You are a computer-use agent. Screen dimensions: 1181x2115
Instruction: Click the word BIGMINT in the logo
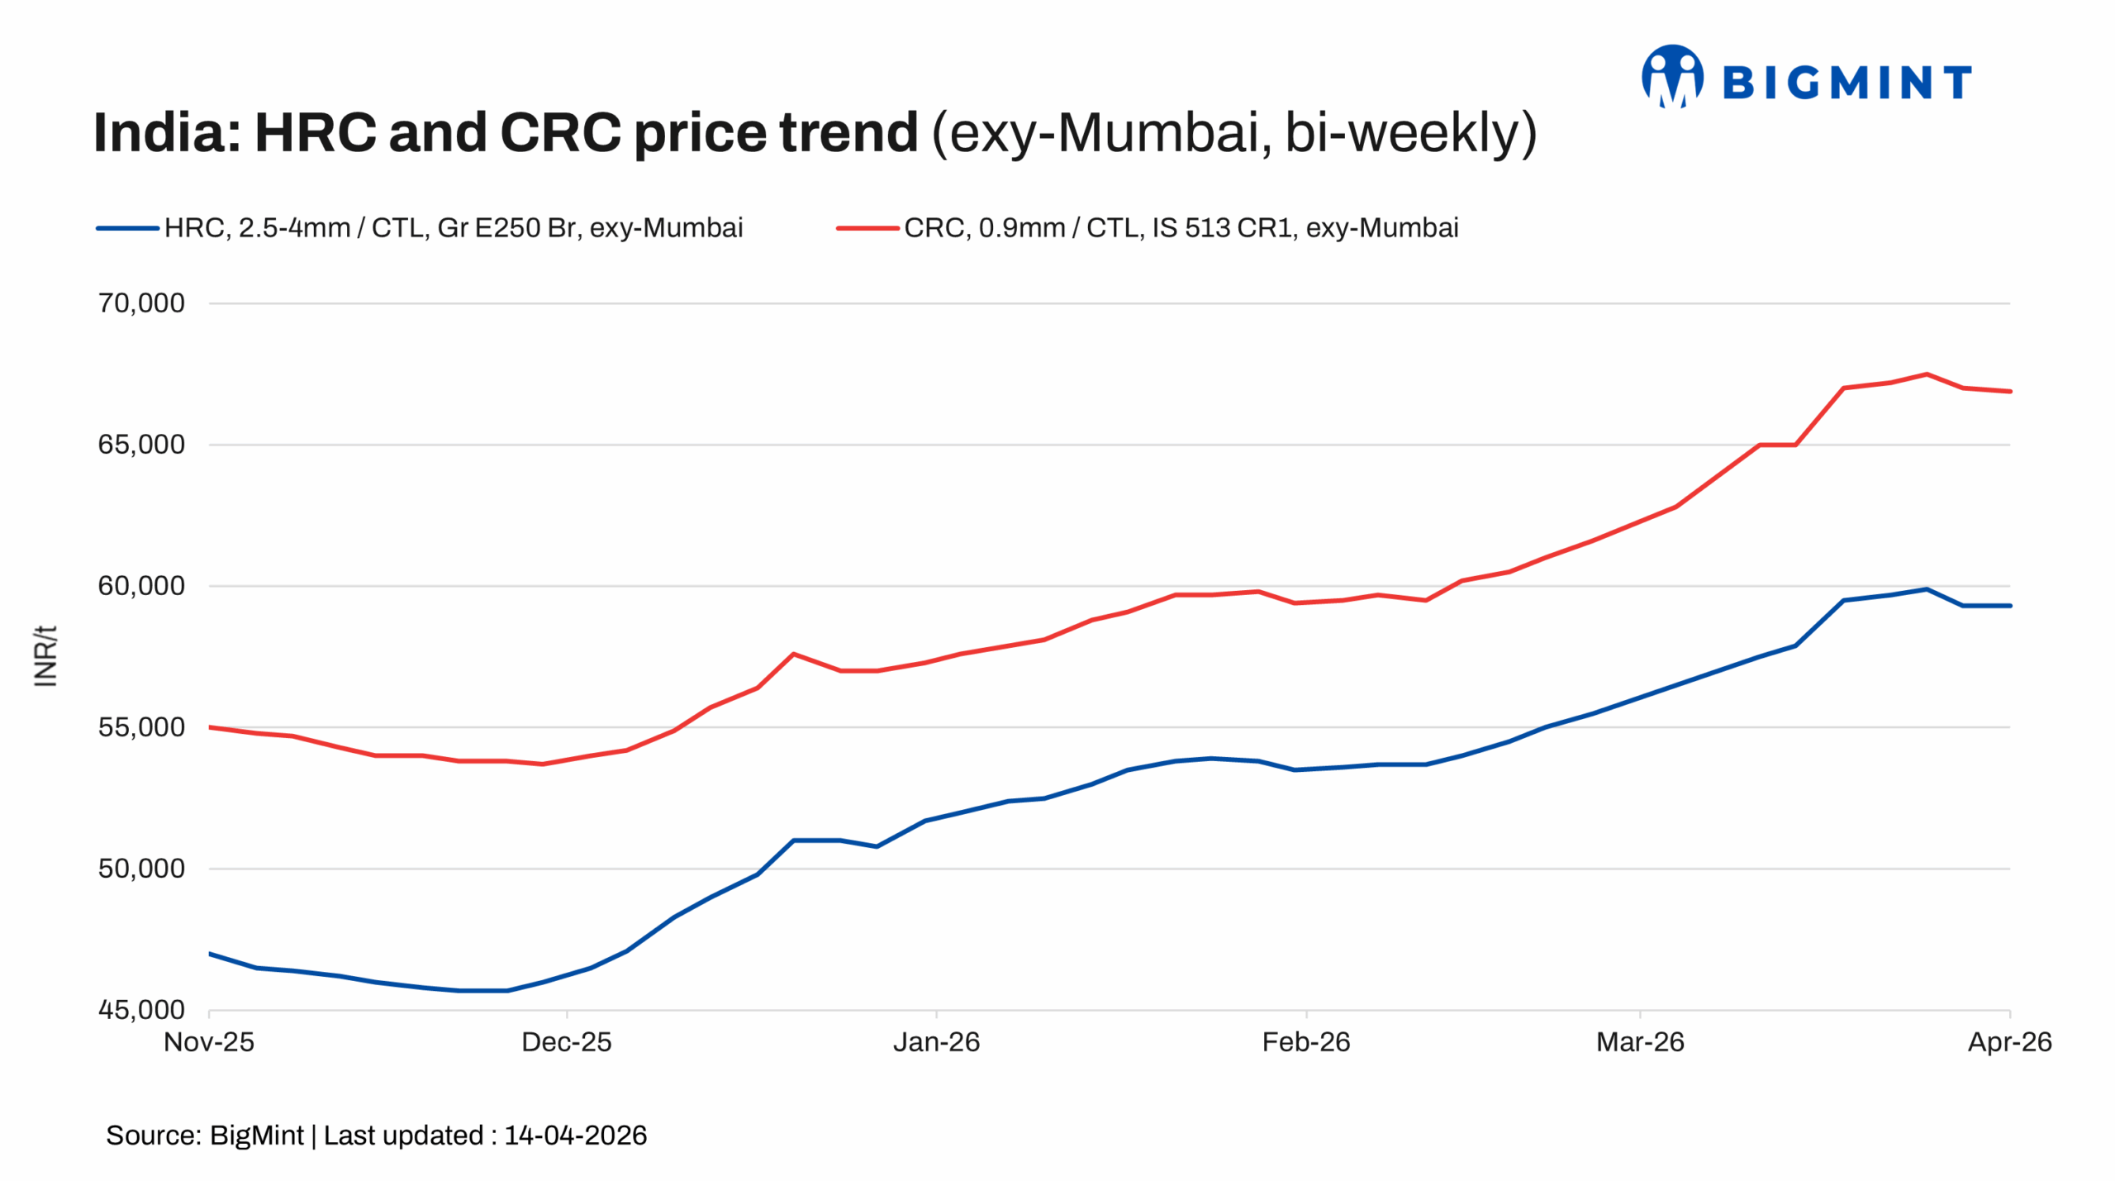click(x=1846, y=83)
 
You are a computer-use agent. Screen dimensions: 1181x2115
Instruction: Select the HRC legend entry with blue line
click(x=420, y=227)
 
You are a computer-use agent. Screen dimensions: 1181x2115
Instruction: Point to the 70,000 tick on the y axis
click(x=141, y=303)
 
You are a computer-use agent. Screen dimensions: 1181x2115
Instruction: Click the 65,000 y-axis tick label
click(x=141, y=445)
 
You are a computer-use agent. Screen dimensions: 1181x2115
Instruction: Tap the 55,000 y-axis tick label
click(x=141, y=727)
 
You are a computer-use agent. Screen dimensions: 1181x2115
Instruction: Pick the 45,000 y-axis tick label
click(x=141, y=1010)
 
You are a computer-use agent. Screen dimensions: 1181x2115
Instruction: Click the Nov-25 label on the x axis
click(x=209, y=1042)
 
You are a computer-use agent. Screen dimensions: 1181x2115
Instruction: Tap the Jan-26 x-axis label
click(x=936, y=1042)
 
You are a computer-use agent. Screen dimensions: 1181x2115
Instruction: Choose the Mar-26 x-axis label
click(x=1640, y=1042)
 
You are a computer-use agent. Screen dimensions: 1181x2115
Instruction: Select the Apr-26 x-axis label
click(x=2009, y=1042)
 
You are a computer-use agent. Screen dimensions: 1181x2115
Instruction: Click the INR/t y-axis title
click(x=45, y=656)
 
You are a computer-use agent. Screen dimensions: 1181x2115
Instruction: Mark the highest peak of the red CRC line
click(x=1926, y=374)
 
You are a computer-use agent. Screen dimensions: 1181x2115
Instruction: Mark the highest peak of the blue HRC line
click(x=1926, y=589)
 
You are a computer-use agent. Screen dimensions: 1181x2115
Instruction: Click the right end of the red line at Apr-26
click(x=2009, y=391)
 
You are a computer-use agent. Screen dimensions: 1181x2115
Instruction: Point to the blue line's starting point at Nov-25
click(x=211, y=954)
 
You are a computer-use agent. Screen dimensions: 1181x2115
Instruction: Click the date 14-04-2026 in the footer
click(x=575, y=1136)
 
